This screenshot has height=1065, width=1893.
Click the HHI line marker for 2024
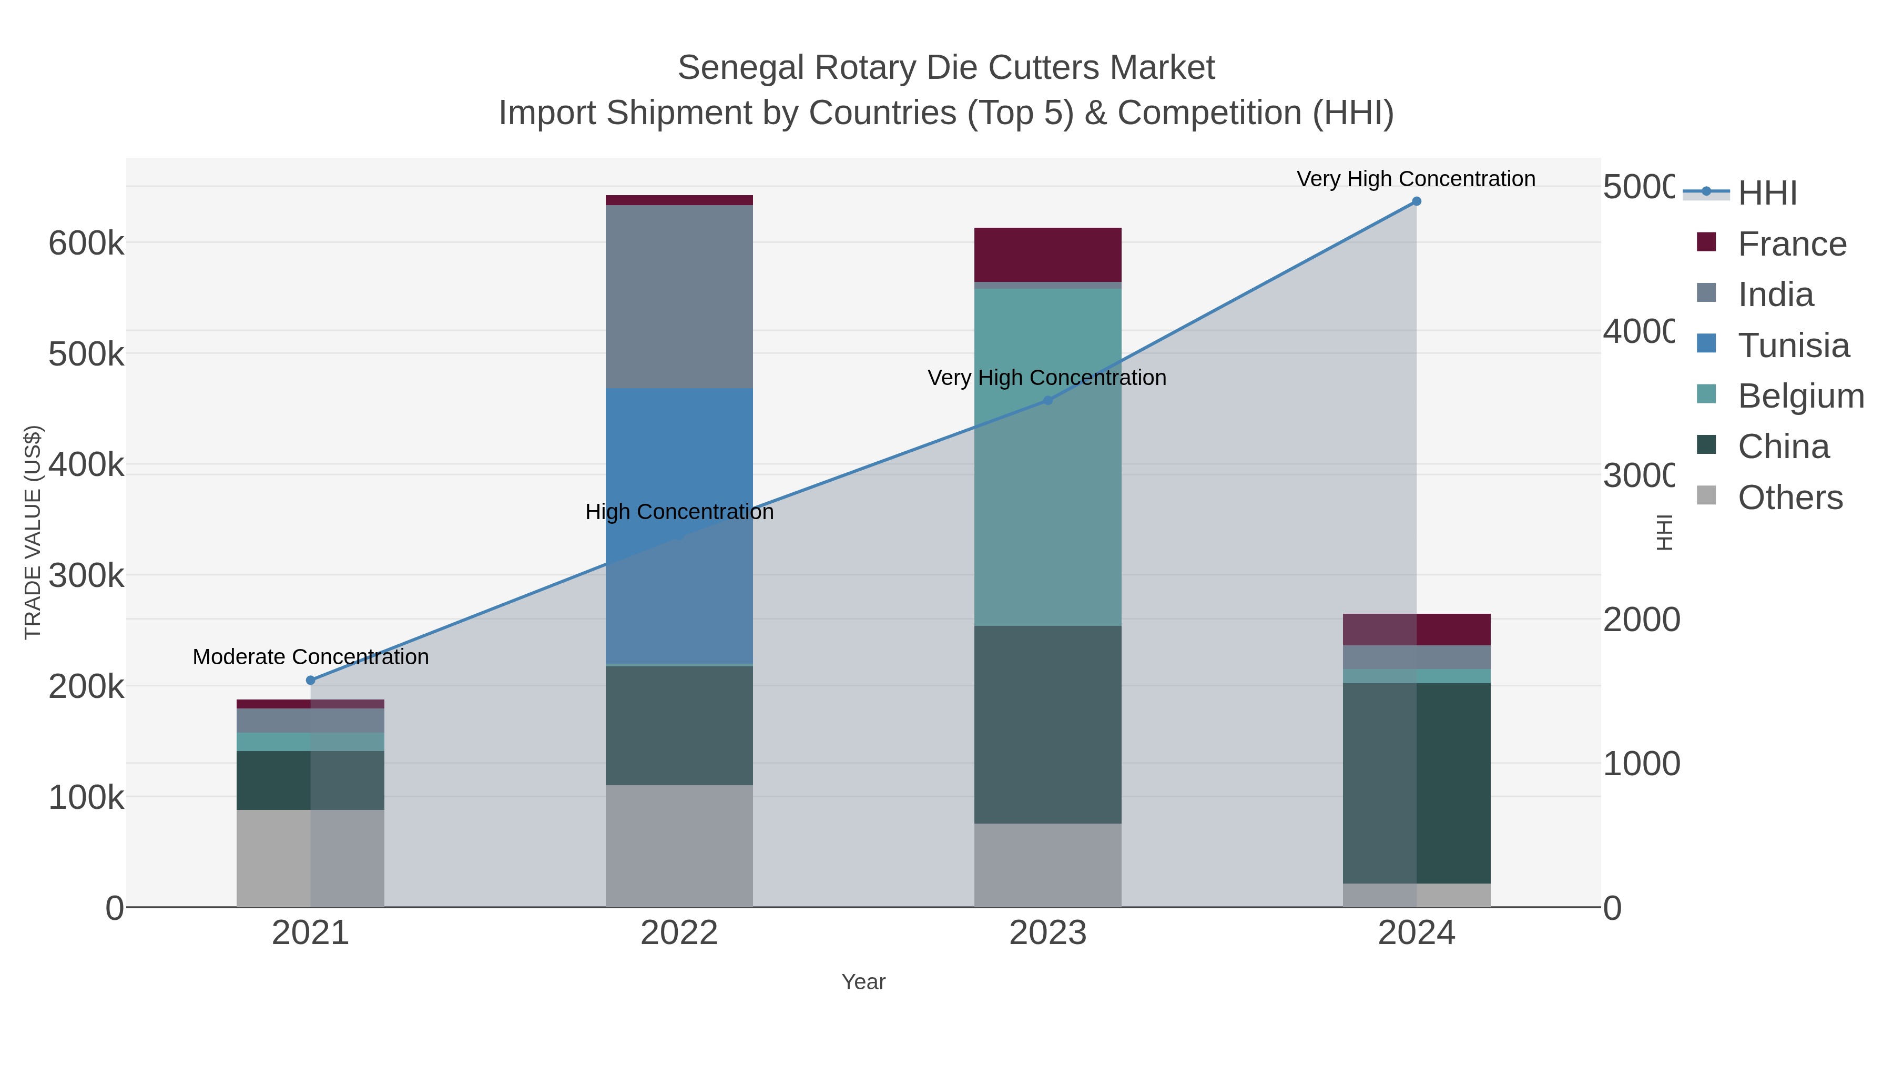click(1416, 201)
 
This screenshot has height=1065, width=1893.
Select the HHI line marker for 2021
click(310, 681)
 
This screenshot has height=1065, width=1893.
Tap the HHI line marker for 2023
click(1048, 401)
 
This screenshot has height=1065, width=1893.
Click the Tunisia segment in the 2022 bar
click(679, 525)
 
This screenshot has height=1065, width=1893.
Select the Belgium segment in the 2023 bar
click(1048, 457)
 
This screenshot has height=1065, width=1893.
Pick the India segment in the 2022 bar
click(679, 296)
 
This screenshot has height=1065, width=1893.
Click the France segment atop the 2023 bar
click(1048, 255)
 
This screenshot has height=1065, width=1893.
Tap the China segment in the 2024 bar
click(1416, 783)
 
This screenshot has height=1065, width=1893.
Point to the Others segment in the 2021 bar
click(310, 858)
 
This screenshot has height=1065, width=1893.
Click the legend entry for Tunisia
click(1793, 346)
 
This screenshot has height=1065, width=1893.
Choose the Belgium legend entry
click(1800, 396)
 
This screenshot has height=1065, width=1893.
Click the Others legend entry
click(1789, 498)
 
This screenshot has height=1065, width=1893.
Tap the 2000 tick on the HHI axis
click(1640, 620)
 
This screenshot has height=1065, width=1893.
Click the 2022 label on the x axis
click(679, 934)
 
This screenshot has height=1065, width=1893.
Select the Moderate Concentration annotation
click(310, 657)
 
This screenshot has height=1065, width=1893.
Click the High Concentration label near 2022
click(679, 512)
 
